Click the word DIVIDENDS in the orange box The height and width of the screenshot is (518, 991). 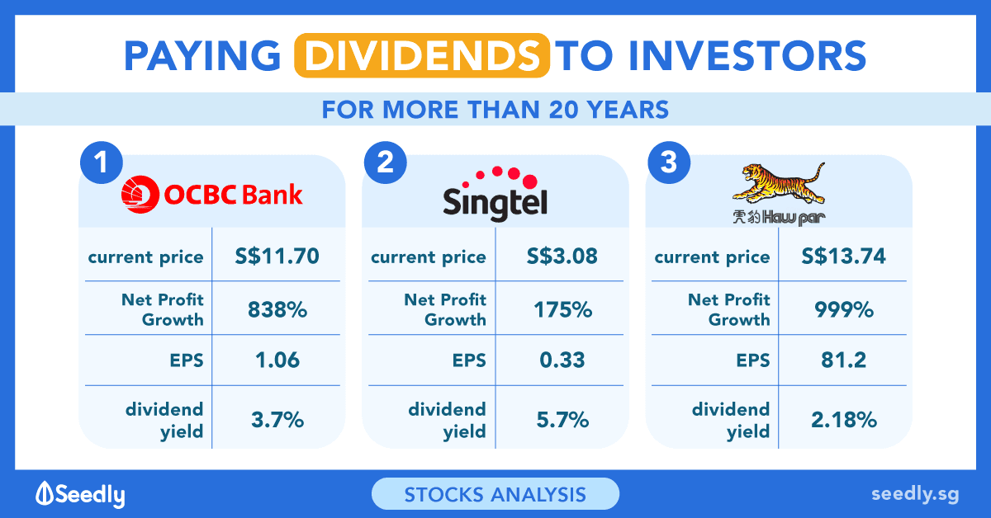coord(422,56)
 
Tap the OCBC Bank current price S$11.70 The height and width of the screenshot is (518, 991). coord(277,257)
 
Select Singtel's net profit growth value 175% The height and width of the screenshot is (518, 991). coord(562,309)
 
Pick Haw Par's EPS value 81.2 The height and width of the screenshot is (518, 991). coord(844,360)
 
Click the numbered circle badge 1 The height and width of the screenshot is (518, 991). coord(102,162)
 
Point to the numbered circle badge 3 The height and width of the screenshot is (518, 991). coord(669,162)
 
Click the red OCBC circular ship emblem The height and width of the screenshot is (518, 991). coord(140,195)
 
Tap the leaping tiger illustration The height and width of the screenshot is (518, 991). coord(779,183)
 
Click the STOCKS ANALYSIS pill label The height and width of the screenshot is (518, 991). coord(495,494)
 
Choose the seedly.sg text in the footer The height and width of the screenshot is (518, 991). coord(915,494)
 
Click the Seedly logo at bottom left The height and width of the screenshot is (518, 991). coord(81,495)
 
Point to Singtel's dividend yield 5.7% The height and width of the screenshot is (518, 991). coord(562,420)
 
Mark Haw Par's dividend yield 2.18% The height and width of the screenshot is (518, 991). coord(844,420)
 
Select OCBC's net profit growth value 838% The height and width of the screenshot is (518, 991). coord(277,309)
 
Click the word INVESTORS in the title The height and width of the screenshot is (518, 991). coord(747,56)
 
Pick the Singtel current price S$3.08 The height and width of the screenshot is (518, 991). coord(562,257)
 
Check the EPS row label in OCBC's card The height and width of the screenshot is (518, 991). coord(187,360)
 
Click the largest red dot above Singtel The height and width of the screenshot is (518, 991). coord(530,181)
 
